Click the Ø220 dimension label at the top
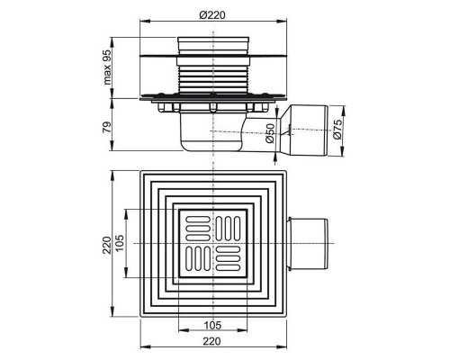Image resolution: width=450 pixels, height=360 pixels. [x=212, y=14]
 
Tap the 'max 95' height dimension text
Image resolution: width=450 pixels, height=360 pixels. [x=107, y=67]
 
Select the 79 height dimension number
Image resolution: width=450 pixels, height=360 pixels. [x=107, y=127]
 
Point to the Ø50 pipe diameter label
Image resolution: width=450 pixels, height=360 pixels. [x=270, y=133]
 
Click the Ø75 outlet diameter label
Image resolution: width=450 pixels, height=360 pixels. [x=337, y=129]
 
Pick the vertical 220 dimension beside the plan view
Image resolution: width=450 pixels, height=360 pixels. [x=107, y=245]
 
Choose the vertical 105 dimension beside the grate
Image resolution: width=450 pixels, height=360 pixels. [x=120, y=243]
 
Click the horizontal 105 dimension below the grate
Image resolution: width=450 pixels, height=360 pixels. [x=212, y=325]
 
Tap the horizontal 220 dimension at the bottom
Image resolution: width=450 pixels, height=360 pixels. [x=211, y=341]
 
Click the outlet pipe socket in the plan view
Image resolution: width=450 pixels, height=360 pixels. [x=308, y=243]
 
